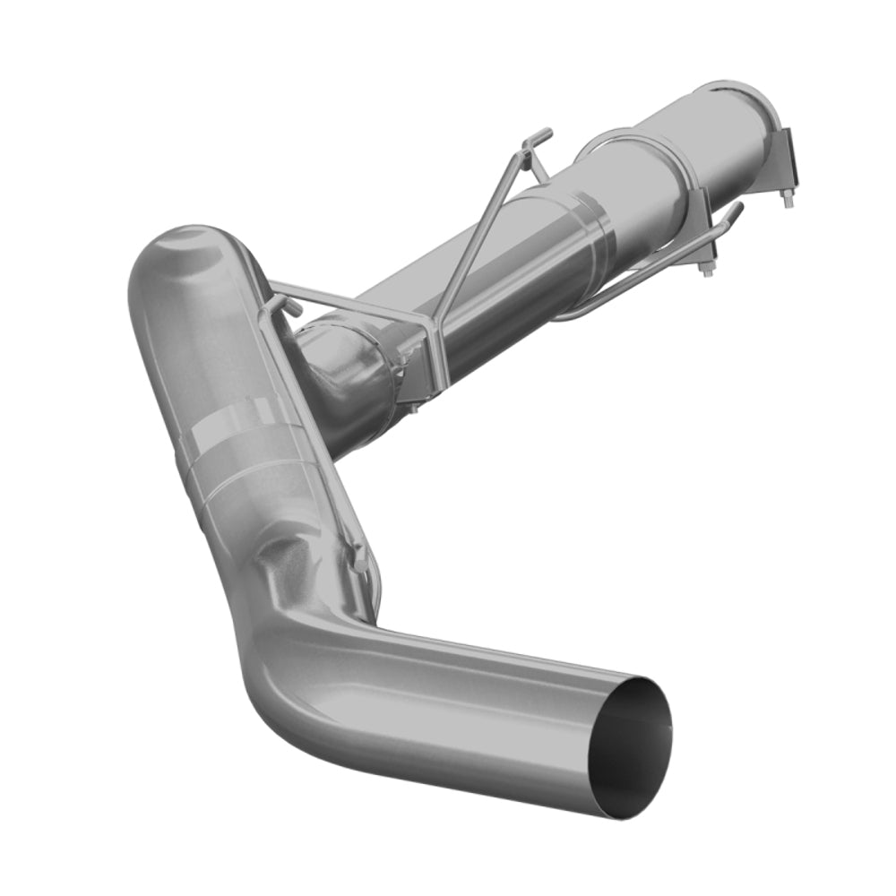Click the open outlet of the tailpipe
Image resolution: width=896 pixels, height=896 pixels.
pos(632,749)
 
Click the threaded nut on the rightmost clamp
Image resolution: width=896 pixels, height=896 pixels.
pos(788,198)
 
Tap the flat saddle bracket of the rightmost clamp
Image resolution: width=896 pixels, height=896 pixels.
pos(787,157)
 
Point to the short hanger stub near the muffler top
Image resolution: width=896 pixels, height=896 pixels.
pos(291,306)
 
